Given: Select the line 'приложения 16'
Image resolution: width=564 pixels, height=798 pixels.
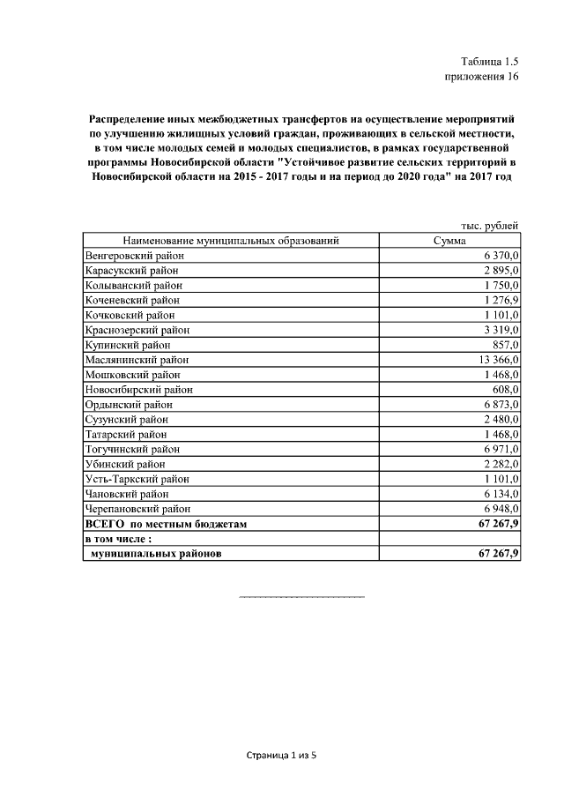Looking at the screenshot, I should (x=481, y=77).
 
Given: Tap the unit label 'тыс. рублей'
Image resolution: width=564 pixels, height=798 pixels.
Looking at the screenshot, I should (x=490, y=226).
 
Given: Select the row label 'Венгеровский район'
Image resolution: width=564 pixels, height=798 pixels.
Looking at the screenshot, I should (x=133, y=256).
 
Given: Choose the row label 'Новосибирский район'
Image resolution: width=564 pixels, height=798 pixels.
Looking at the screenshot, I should (x=138, y=390).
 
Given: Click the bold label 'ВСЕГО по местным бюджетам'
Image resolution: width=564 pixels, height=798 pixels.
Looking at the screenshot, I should (x=165, y=524).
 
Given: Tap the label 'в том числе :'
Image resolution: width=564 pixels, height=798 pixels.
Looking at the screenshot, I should (x=118, y=539).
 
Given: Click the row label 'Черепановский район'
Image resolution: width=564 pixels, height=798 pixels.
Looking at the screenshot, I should (x=137, y=509).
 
